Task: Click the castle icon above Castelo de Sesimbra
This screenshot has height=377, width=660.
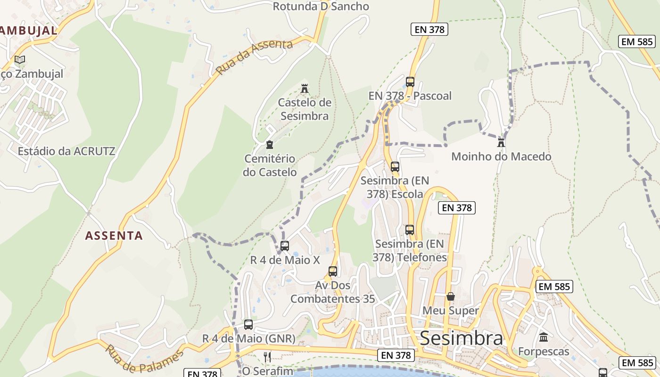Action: pos(305,88)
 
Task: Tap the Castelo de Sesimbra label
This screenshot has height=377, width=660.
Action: pos(305,109)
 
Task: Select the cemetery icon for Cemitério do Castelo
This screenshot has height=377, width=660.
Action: pos(270,145)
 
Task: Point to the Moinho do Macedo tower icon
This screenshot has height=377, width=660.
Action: pos(501,142)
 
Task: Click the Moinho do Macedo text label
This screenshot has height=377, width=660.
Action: pos(501,156)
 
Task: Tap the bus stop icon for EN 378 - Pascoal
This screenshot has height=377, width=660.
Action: pos(410,82)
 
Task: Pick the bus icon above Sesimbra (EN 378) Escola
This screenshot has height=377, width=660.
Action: pos(395,166)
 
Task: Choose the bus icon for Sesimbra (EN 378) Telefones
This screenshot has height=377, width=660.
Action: pos(410,230)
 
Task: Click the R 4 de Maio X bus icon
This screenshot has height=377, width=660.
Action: pos(285,246)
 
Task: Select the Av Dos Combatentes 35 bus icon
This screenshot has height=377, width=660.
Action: pos(333,271)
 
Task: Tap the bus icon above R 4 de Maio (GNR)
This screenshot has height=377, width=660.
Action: pos(248,325)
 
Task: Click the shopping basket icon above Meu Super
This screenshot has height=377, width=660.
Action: pos(451,296)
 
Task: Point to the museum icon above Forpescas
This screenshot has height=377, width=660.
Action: pos(544,337)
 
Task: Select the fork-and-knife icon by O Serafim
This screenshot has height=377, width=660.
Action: pos(267,357)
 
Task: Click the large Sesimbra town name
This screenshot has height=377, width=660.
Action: pos(461,338)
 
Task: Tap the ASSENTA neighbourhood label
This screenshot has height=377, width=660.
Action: pos(114,236)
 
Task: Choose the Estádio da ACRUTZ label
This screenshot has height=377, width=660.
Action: pos(66,151)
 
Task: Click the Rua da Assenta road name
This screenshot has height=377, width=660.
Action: pos(254,57)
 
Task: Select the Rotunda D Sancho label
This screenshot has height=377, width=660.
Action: pos(321,7)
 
